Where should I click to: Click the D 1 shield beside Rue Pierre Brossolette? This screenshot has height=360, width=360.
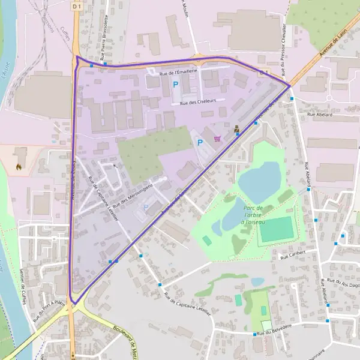[x=76, y=5]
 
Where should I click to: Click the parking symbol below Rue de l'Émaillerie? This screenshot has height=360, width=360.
[x=176, y=85]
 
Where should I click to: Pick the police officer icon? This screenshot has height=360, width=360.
[x=236, y=128]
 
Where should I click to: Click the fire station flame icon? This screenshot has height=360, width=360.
[x=19, y=167]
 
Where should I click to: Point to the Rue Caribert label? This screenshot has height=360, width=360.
[x=293, y=254]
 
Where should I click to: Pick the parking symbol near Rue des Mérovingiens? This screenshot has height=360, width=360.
[x=145, y=208]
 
